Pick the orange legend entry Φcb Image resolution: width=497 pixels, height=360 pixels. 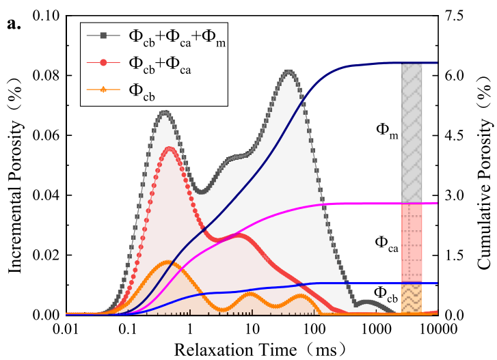click(x=142, y=89)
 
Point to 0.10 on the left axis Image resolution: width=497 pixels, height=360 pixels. click(x=48, y=16)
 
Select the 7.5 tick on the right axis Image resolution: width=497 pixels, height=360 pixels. click(x=457, y=16)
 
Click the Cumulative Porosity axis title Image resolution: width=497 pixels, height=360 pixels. click(x=485, y=165)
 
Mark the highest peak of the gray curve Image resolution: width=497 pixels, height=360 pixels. click(x=289, y=71)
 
